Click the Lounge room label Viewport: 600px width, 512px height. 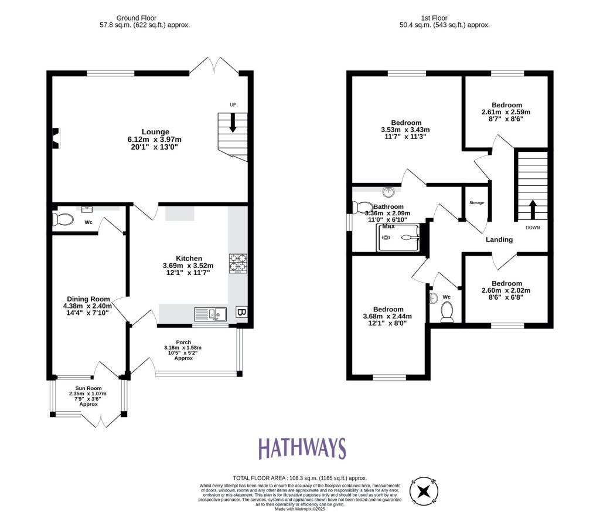tap(155, 132)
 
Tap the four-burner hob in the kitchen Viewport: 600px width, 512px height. tap(238, 263)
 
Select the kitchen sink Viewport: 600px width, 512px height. tap(210, 314)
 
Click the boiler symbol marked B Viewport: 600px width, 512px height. tap(241, 312)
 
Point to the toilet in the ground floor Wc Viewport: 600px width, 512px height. tap(63, 220)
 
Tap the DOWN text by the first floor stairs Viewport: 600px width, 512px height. tap(533, 228)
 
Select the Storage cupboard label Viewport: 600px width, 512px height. tap(476, 203)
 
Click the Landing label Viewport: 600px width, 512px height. tap(499, 239)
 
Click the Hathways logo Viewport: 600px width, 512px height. tap(302, 449)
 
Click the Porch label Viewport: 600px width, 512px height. tap(184, 343)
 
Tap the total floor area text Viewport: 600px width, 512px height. tap(299, 479)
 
